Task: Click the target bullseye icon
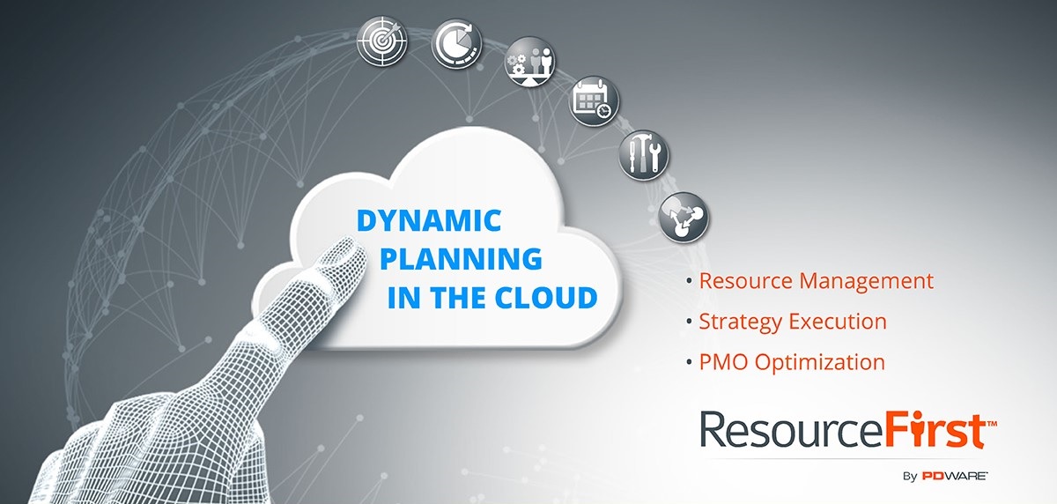[381, 41]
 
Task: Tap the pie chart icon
[456, 43]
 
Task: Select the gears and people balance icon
[529, 62]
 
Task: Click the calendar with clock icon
[594, 101]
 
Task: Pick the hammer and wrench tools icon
[644, 155]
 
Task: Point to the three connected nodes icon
[684, 217]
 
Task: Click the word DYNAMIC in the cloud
[429, 221]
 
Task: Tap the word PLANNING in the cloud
[461, 258]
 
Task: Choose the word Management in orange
[867, 282]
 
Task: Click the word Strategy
[741, 322]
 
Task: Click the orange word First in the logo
[935, 428]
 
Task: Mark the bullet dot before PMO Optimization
[690, 362]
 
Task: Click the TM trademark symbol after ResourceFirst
[992, 424]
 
